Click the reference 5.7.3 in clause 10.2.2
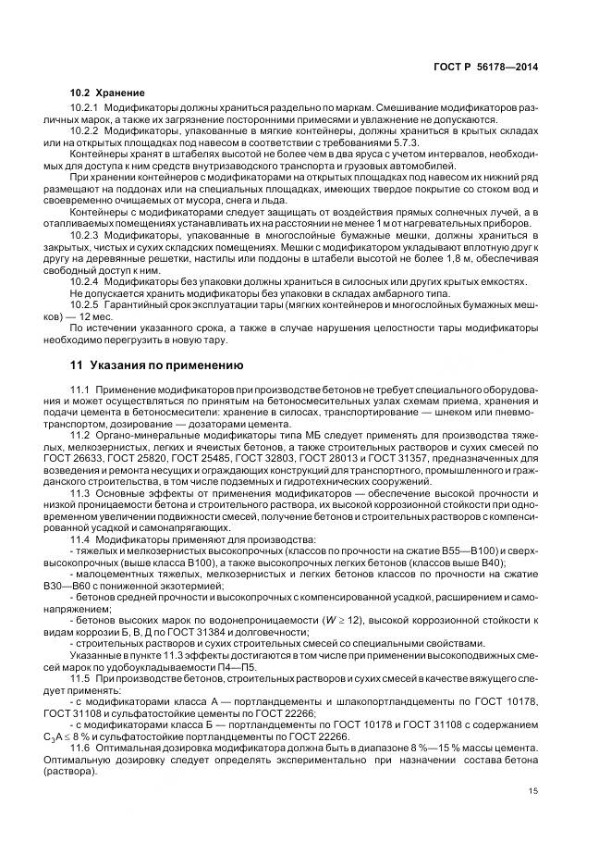(x=405, y=146)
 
